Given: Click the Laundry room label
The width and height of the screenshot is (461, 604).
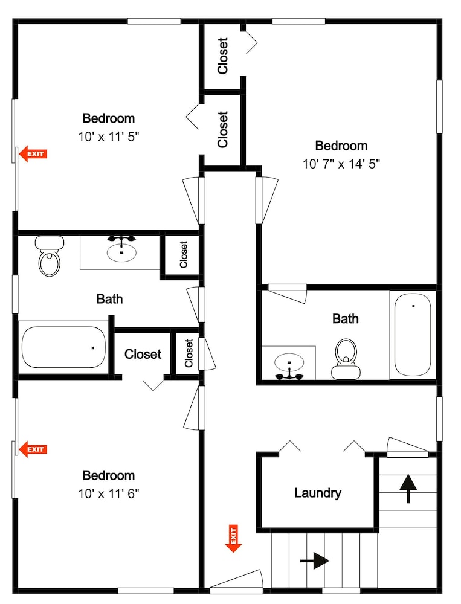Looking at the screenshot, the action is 318,493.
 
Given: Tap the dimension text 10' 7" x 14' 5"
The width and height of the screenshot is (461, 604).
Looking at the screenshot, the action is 341,164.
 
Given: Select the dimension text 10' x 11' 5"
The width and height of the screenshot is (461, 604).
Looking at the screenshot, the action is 108,137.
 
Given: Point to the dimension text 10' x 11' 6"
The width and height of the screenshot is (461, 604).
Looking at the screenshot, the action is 108,493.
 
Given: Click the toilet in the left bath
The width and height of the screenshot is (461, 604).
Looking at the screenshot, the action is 50,255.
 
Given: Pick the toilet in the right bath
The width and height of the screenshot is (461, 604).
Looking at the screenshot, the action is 346,359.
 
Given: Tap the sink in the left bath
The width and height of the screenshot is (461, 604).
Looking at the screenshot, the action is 121,249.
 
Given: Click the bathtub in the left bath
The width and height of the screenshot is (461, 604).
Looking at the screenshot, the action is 63,347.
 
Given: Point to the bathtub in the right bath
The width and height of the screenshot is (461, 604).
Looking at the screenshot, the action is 413,335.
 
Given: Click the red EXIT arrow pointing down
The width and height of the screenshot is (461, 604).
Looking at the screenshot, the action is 233,539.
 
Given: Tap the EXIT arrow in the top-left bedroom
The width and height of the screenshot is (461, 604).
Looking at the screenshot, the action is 33,154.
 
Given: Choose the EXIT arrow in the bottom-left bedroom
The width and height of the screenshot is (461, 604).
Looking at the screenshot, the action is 33,449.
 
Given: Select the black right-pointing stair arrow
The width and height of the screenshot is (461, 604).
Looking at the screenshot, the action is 315,561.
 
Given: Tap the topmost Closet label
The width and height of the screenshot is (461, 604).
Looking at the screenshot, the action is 223,56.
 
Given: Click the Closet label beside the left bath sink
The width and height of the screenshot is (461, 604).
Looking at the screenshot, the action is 184,255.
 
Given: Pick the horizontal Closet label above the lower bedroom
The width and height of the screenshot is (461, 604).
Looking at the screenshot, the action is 143,354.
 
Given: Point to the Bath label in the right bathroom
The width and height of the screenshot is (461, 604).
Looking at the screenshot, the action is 346,319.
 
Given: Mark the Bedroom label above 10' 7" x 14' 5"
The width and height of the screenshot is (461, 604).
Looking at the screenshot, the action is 341,146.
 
